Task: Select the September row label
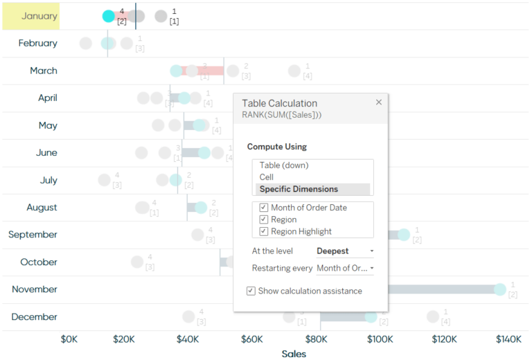33,235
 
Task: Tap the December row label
35,316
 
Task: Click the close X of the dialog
379,102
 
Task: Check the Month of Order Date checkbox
264,208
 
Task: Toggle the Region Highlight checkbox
264,231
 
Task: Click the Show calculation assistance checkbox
251,291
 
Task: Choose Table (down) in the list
284,165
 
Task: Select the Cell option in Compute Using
267,177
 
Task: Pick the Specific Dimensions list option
299,189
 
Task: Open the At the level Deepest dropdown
345,251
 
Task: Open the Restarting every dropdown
345,268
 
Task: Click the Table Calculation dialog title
279,103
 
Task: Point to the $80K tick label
315,339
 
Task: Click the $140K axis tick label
508,339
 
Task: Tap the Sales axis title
294,354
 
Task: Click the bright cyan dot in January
109,16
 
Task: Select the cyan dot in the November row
499,289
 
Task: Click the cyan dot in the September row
403,235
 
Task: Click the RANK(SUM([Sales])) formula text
281,114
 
